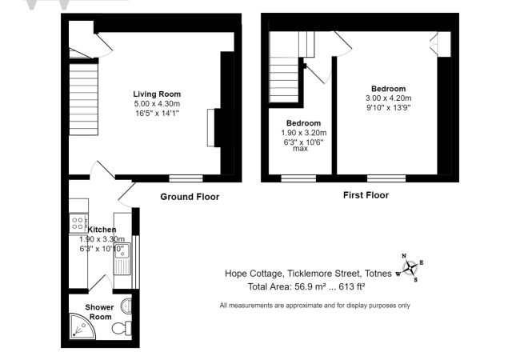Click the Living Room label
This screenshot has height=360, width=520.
click(x=157, y=94)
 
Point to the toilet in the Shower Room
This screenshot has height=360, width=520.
click(x=119, y=327)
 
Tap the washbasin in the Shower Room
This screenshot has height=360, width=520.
click(x=127, y=306)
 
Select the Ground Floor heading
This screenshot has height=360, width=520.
click(x=190, y=196)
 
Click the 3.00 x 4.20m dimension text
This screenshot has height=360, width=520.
click(x=388, y=98)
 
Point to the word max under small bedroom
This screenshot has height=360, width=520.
click(x=301, y=149)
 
